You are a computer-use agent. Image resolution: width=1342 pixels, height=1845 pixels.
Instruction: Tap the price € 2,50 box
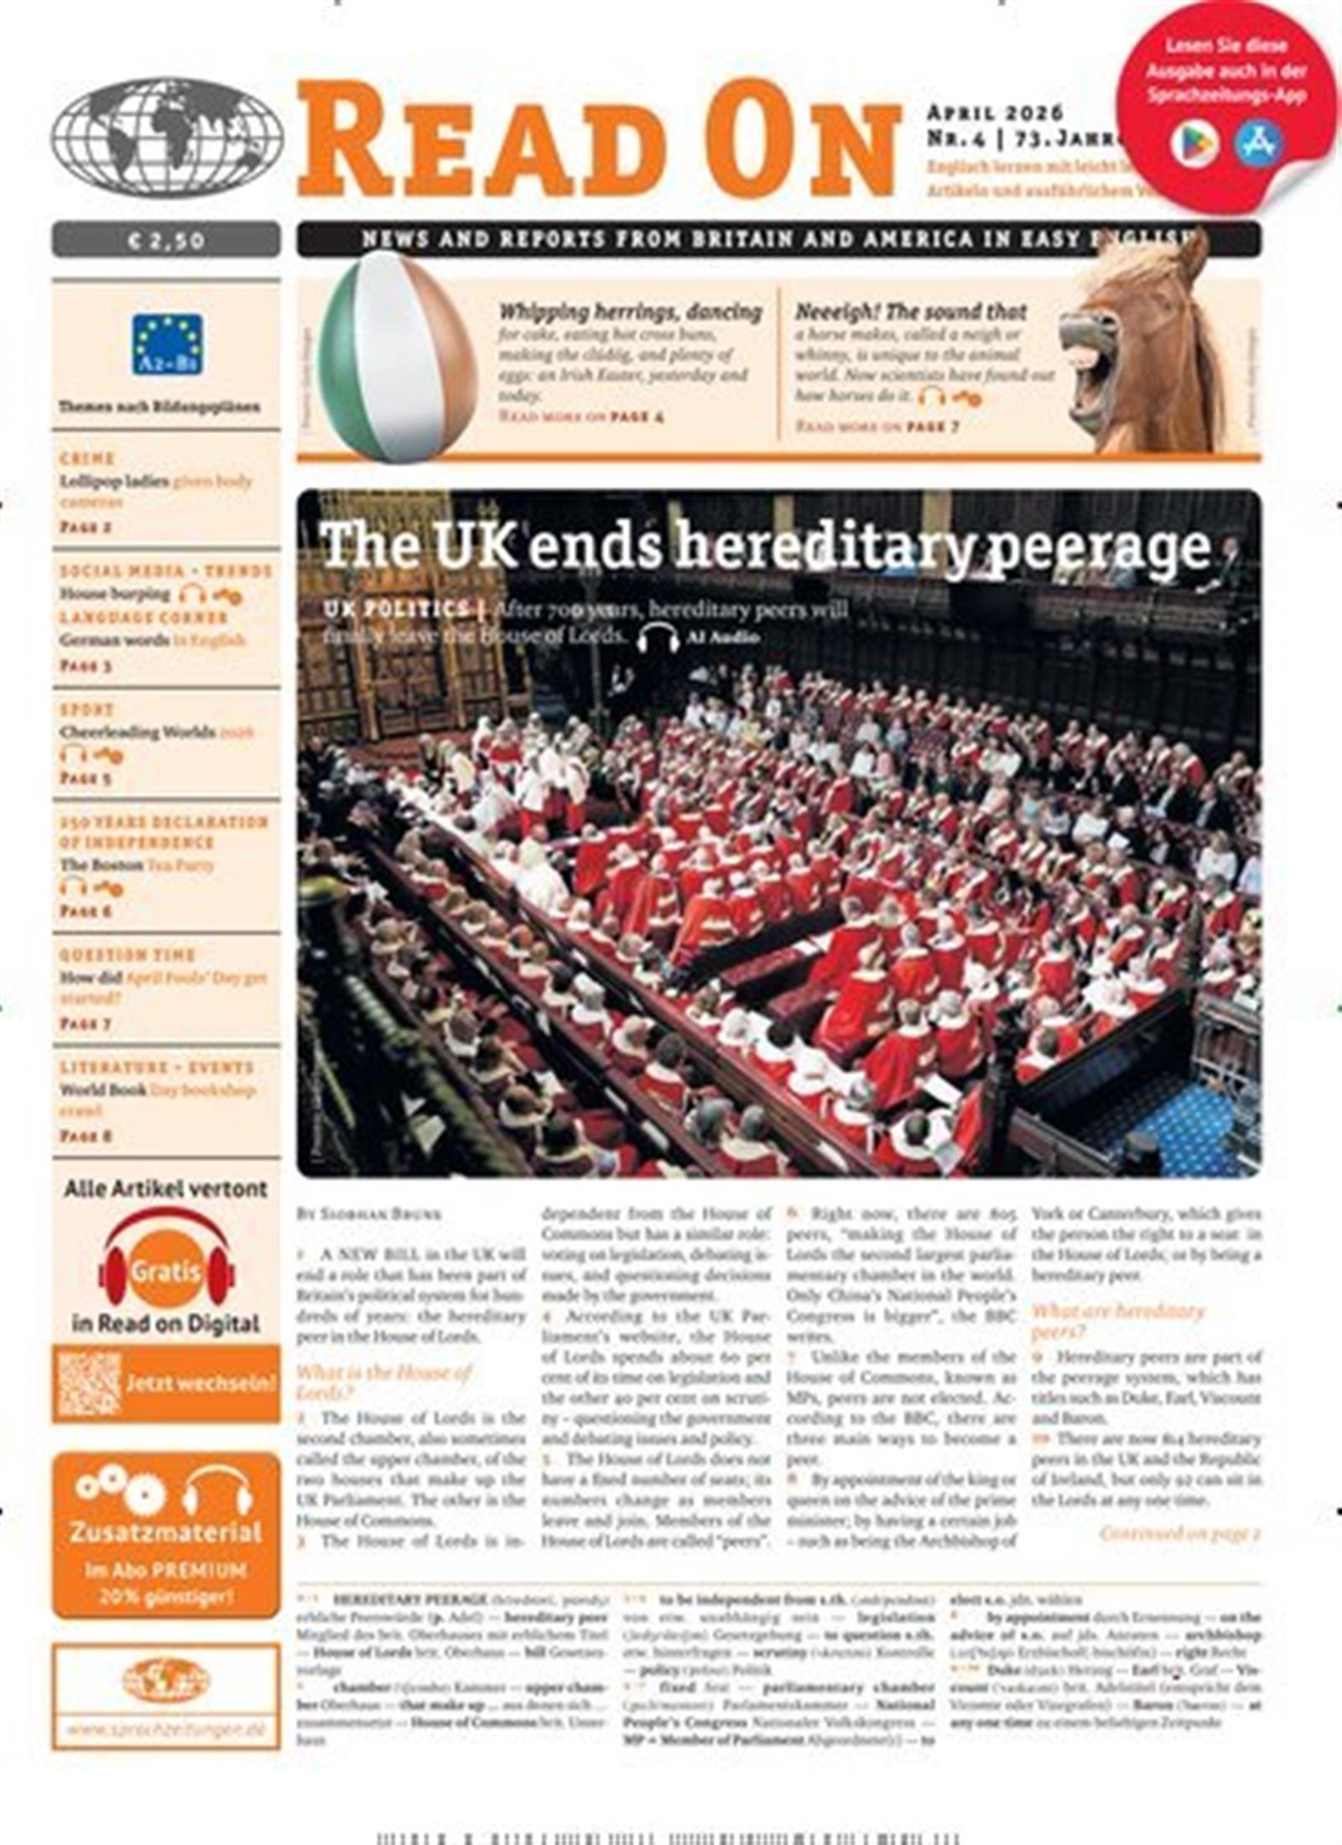pos(166,241)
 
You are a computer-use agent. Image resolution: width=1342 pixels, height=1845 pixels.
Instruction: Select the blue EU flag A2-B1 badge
pos(167,344)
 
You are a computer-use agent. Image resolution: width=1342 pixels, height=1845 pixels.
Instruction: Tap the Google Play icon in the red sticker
pos(1194,144)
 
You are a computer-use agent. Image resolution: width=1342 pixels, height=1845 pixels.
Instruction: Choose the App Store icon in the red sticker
pos(1257,143)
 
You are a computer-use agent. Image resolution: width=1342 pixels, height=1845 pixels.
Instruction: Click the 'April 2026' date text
pos(995,113)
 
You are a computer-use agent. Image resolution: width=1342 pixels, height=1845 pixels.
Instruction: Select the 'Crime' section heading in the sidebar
pos(86,459)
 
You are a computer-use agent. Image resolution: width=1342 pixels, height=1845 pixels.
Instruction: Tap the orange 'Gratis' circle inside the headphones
pos(166,1271)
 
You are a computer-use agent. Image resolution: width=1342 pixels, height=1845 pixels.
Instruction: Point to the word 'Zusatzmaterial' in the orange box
pos(165,1533)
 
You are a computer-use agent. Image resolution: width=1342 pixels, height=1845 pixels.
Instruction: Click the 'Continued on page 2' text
pos(1179,1534)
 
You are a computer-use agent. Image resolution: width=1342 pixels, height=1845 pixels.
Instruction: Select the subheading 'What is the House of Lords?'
pos(383,1382)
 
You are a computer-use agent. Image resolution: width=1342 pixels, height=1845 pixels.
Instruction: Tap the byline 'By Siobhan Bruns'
pos(369,1214)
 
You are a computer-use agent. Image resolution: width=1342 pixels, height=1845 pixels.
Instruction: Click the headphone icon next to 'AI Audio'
pos(658,638)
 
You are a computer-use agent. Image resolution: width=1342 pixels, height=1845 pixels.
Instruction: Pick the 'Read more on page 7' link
pos(876,427)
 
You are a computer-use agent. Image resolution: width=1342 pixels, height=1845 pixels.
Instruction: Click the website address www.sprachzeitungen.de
pos(165,1730)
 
